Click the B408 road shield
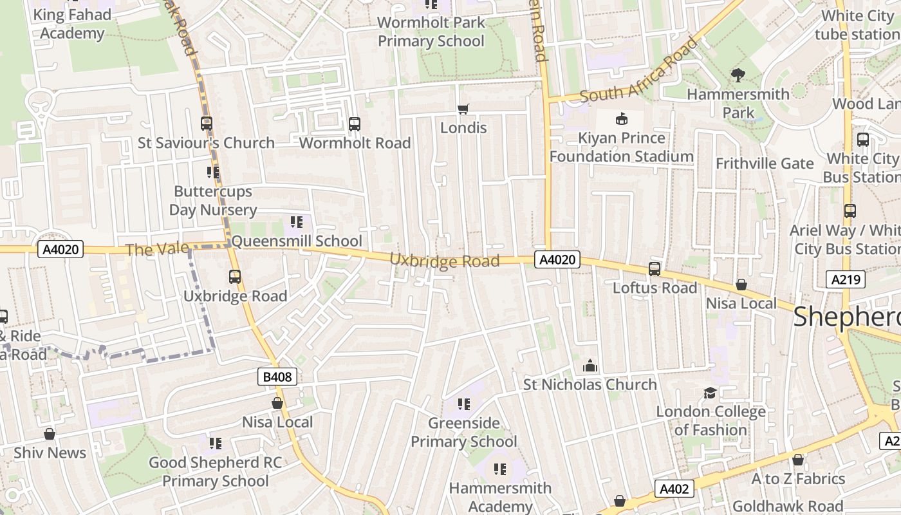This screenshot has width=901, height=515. [x=279, y=377]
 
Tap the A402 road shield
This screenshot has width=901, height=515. [x=674, y=489]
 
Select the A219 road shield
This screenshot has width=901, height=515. [x=845, y=279]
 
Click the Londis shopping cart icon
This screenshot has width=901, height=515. [x=463, y=109]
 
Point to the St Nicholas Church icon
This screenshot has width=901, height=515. [x=590, y=366]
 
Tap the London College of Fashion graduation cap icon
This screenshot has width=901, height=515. [x=710, y=393]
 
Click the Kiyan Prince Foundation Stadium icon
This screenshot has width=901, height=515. [x=621, y=119]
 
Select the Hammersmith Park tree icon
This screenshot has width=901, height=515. [x=738, y=75]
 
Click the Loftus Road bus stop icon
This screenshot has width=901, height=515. [x=655, y=269]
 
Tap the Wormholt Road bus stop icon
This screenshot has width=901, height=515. [x=354, y=124]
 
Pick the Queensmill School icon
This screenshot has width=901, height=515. [x=296, y=223]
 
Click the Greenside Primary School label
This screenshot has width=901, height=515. [x=464, y=432]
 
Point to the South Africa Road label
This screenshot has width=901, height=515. [x=638, y=70]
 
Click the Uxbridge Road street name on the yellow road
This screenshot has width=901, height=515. [x=445, y=260]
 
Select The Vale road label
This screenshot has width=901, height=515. [x=157, y=249]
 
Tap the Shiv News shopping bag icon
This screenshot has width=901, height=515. [x=50, y=434]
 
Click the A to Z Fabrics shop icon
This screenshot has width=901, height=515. [x=797, y=460]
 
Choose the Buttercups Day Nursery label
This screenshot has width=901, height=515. [x=213, y=201]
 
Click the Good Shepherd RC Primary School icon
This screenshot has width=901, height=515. [x=215, y=444]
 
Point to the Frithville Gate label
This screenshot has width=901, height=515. [x=765, y=164]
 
